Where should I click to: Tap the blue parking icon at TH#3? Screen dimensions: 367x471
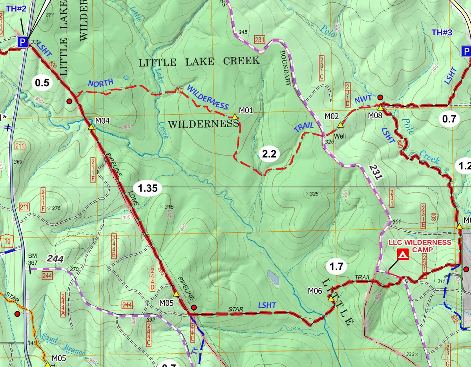click(466, 51)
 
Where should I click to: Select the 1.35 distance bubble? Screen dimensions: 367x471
click(148, 188)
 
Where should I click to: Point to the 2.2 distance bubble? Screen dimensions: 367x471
click(269, 154)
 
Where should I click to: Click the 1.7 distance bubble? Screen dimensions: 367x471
click(336, 267)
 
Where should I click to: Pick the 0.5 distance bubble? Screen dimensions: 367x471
click(42, 83)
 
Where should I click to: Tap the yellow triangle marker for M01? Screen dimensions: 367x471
click(235, 117)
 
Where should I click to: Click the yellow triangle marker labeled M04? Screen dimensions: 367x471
click(91, 127)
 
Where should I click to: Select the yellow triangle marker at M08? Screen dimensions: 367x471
click(380, 107)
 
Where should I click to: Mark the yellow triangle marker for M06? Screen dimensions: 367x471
click(331, 299)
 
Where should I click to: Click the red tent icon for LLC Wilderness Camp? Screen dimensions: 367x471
click(403, 255)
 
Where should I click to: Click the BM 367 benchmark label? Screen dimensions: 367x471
click(32, 259)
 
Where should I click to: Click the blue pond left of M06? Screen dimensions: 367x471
click(273, 278)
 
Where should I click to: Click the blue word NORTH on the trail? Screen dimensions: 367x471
click(100, 83)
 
